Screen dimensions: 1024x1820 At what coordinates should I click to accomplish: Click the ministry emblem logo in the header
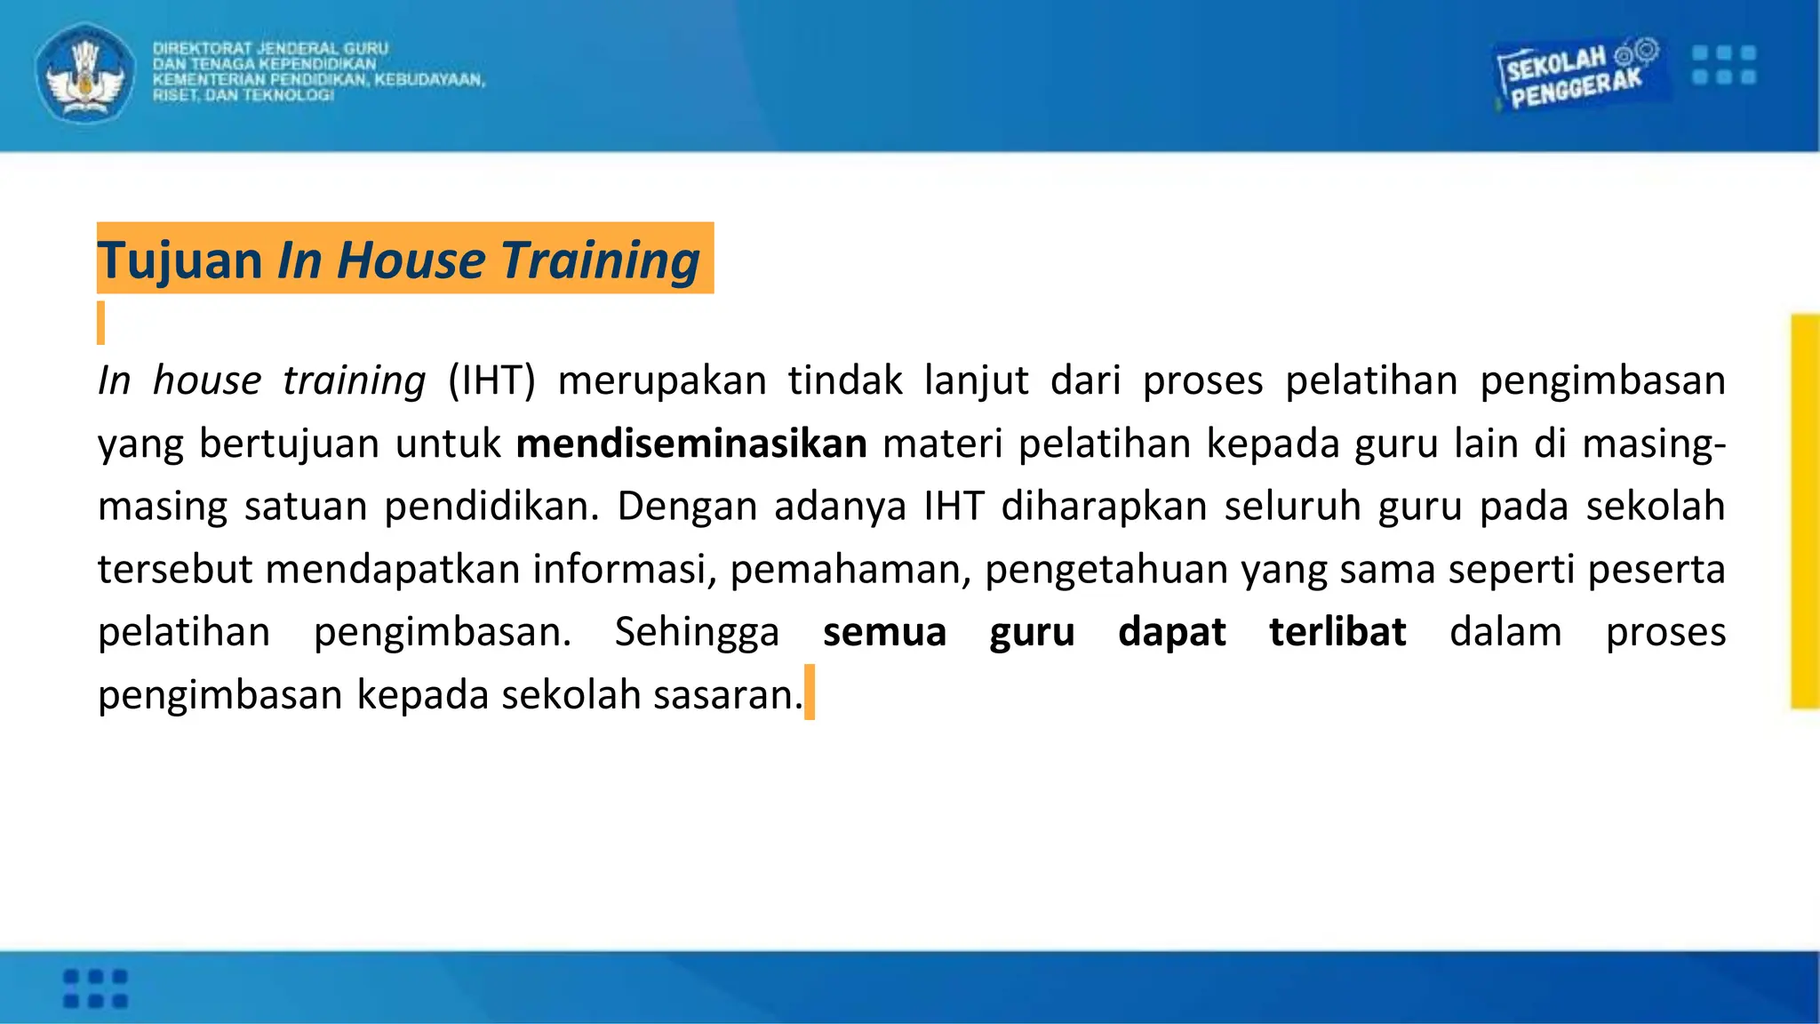[85, 74]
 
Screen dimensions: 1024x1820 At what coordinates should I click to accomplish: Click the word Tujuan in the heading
[180, 260]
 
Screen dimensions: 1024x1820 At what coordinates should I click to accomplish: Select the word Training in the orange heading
[601, 260]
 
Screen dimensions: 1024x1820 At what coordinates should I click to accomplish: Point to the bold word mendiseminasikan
[691, 444]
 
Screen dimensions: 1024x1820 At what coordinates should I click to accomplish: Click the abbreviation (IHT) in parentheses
[491, 380]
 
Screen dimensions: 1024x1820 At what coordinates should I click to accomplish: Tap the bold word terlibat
[1337, 632]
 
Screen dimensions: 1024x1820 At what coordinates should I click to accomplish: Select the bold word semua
[884, 632]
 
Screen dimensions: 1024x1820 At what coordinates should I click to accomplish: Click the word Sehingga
[697, 632]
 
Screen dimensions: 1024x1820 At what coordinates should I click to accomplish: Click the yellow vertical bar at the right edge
[1805, 511]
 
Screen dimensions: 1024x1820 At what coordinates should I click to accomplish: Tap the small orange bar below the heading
[101, 323]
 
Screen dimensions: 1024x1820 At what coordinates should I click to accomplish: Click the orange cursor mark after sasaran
[810, 692]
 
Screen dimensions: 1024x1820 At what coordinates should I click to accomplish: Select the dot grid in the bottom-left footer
[96, 988]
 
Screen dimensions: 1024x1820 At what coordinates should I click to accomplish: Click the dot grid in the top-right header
[1724, 65]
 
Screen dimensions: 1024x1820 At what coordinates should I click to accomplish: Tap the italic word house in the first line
[206, 380]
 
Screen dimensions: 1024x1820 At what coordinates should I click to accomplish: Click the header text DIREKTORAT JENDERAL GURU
[270, 49]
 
